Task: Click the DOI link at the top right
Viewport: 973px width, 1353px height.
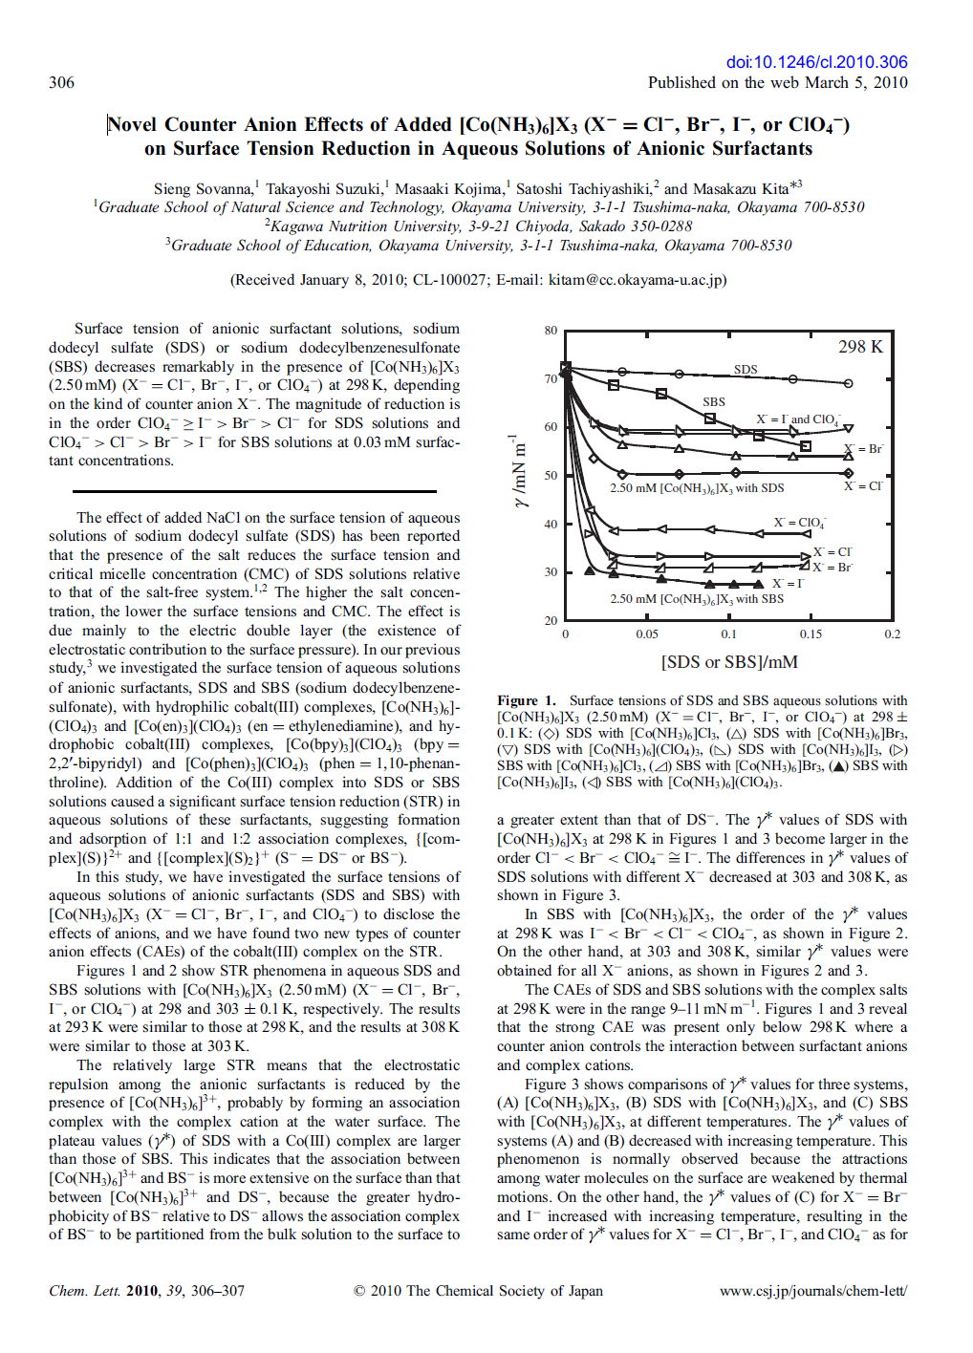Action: [816, 62]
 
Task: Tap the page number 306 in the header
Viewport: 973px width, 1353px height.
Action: [61, 82]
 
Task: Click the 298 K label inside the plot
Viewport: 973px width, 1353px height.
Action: [860, 347]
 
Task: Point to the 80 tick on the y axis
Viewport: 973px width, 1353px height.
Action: [551, 331]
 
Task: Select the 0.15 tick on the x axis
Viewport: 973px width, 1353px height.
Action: [811, 634]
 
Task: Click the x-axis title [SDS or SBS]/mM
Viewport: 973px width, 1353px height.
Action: [728, 662]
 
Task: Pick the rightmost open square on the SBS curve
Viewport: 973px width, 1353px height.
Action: [806, 446]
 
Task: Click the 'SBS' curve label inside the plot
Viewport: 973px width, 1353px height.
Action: [713, 402]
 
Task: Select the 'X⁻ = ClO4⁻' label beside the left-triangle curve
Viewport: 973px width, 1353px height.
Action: [799, 523]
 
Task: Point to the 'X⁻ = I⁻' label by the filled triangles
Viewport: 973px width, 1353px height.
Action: [789, 583]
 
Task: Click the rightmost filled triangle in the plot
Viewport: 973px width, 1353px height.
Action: [758, 583]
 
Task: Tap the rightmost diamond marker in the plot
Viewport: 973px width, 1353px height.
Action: [848, 473]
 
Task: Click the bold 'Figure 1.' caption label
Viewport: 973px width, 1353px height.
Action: [526, 700]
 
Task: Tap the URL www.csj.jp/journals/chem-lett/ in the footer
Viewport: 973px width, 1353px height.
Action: [813, 1291]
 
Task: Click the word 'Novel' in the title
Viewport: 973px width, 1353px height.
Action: [133, 125]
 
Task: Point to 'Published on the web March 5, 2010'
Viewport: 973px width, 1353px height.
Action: [777, 82]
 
